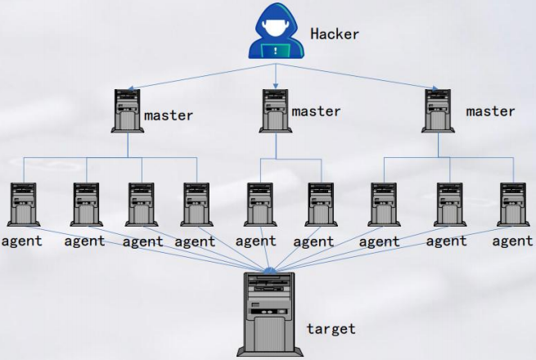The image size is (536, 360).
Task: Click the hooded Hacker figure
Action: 276,33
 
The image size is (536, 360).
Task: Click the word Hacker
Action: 335,34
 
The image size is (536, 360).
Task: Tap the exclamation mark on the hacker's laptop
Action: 276,50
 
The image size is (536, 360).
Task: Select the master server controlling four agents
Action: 128,111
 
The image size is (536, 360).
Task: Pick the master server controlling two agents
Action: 275,111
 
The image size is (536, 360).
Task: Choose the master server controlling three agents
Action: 438,111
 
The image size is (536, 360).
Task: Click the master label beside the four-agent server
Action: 169,115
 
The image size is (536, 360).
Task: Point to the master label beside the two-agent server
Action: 316,111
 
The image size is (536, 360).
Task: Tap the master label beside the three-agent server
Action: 491,111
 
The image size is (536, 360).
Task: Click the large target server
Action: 268,315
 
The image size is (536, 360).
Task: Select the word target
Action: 331,329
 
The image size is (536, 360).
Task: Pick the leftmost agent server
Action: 24,205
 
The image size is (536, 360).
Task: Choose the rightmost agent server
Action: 512,205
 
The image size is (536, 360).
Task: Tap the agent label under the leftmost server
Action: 22,241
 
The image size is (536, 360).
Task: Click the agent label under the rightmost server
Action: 513,241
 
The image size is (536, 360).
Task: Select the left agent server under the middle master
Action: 259,205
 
